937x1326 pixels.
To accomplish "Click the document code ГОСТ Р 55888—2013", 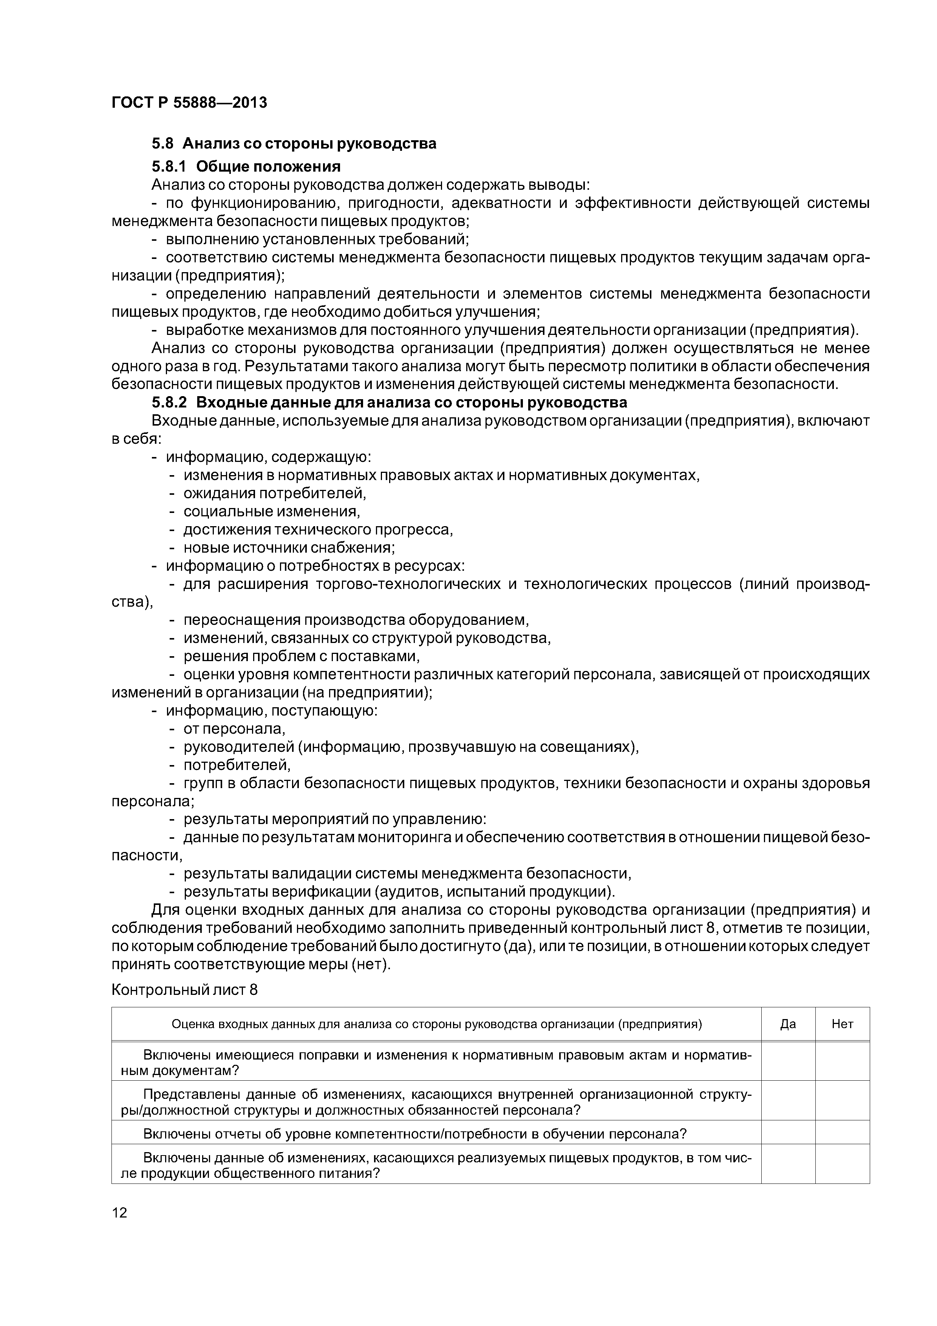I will (x=189, y=103).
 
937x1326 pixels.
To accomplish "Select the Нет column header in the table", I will (x=842, y=1024).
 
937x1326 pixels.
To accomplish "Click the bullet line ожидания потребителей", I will (x=275, y=493).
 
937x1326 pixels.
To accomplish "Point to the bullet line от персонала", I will (x=234, y=729).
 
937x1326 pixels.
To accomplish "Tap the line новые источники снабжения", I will (x=289, y=547).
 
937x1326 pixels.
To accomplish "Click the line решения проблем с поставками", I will (x=301, y=657).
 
